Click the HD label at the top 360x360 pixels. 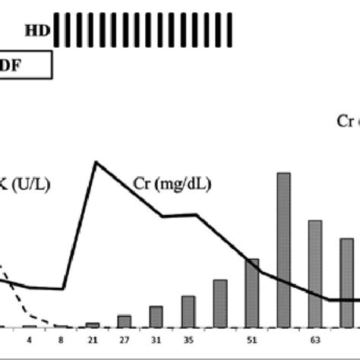tap(34, 30)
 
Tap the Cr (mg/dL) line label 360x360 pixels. tap(168, 185)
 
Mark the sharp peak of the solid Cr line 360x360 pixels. tap(95, 162)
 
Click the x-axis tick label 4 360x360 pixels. tap(29, 339)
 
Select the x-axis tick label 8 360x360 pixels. tap(61, 339)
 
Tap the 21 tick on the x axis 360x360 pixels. tap(93, 339)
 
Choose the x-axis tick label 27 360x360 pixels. tap(125, 339)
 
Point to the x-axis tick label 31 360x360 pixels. tap(156, 339)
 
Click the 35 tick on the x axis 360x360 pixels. tap(188, 339)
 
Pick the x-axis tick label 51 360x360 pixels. tap(251, 339)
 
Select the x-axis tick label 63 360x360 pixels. tap(314, 339)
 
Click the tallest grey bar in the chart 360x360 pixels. tap(283, 251)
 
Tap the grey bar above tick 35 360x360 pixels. tap(188, 311)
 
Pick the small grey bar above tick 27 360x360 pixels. tap(125, 321)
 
